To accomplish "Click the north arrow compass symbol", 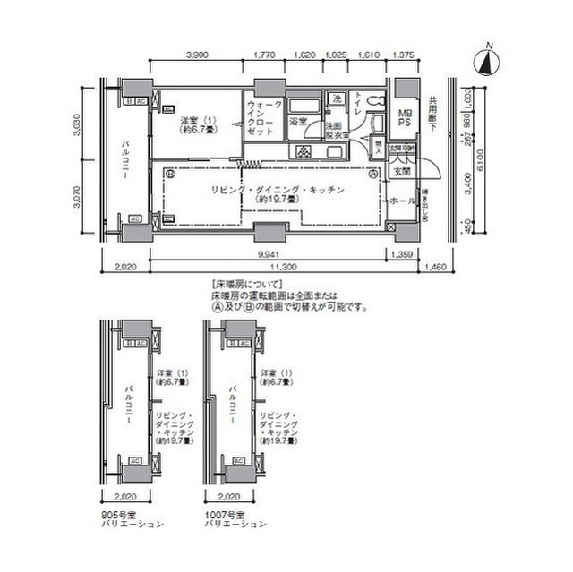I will pos(486,61).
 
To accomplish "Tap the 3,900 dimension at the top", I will pos(198,55).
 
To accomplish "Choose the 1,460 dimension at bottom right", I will pos(436,267).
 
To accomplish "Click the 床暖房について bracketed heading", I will pos(239,282).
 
